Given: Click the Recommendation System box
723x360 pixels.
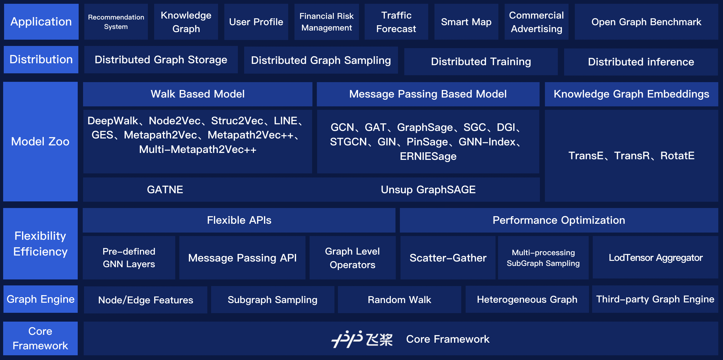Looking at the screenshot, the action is pyautogui.click(x=116, y=22).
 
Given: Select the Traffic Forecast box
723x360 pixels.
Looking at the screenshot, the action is pyautogui.click(x=396, y=22).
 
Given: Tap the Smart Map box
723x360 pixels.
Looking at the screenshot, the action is pyautogui.click(x=466, y=22).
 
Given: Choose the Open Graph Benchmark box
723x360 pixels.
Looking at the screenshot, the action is pyautogui.click(x=646, y=22).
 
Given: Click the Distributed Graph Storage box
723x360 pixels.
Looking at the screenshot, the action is pyautogui.click(x=161, y=60).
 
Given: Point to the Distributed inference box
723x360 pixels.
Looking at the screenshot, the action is pyautogui.click(x=641, y=62).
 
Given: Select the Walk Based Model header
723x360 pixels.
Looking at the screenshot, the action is pyautogui.click(x=198, y=94).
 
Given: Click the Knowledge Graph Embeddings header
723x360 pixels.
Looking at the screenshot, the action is pyautogui.click(x=631, y=94).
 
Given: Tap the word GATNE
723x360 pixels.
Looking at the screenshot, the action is pyautogui.click(x=165, y=190).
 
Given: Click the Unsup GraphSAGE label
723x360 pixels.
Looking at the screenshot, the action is pyautogui.click(x=428, y=190).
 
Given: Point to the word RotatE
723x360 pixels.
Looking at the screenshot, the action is pyautogui.click(x=677, y=156).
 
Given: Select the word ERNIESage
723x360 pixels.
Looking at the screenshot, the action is pyautogui.click(x=428, y=156).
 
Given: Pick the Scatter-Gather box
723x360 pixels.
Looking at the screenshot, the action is pyautogui.click(x=448, y=258).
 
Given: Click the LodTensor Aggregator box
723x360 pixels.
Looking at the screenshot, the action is pyautogui.click(x=655, y=258).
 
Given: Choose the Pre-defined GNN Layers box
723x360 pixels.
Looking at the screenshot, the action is pyautogui.click(x=129, y=258).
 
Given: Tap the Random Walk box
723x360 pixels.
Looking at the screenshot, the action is pyautogui.click(x=399, y=300).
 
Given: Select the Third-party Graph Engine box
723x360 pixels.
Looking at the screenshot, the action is pyautogui.click(x=655, y=299).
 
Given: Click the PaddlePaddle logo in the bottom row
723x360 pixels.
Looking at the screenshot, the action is pyautogui.click(x=362, y=339).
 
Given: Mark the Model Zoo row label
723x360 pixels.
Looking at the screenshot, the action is pyautogui.click(x=40, y=142).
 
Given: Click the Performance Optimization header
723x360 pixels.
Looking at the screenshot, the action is pyautogui.click(x=559, y=220).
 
